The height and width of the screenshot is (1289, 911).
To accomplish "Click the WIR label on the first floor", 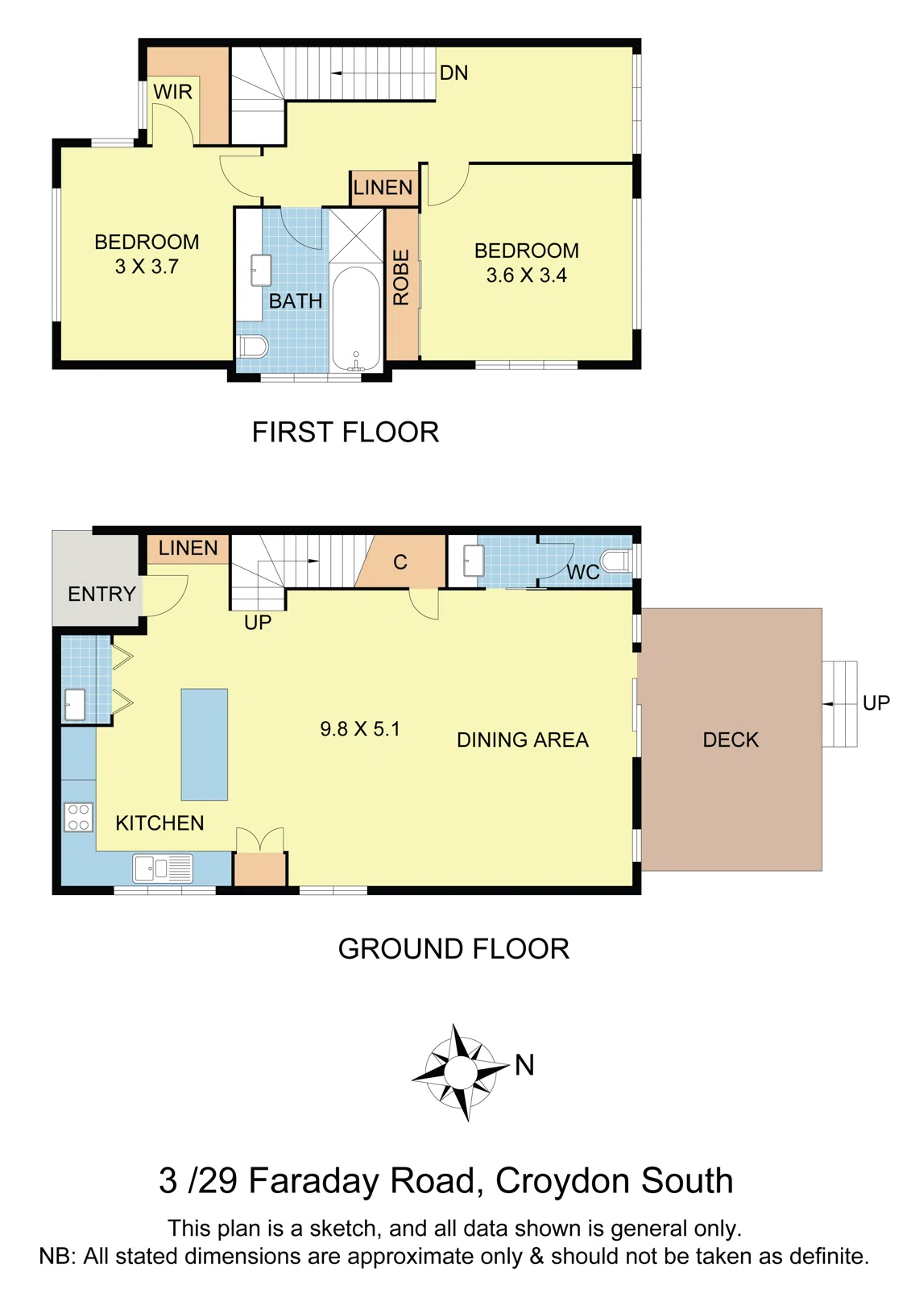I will [x=172, y=92].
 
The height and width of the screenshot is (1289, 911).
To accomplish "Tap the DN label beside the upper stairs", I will [x=453, y=73].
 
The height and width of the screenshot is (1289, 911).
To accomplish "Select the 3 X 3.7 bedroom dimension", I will [x=147, y=267].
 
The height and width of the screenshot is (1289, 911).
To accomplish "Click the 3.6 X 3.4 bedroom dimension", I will [x=526, y=276].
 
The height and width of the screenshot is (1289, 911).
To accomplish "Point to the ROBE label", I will [x=401, y=278].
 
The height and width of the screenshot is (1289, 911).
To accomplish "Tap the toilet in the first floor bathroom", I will [x=253, y=346].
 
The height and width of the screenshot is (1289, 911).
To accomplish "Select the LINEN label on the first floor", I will [x=383, y=188].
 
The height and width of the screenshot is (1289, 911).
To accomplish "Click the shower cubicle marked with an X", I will [x=356, y=235].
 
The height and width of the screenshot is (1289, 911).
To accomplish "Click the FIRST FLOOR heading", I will [x=345, y=433].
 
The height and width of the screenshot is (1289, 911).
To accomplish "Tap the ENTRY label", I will [x=101, y=595].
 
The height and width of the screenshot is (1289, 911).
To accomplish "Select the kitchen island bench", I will [x=204, y=744].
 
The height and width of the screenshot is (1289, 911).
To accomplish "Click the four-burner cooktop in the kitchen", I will [x=79, y=817].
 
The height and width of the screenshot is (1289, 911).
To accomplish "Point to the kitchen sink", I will [x=162, y=868].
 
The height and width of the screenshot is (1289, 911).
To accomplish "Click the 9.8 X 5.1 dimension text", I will [x=359, y=729].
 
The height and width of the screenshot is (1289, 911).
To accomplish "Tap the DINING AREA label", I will [x=522, y=740].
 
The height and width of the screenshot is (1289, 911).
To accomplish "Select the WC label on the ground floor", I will [x=582, y=572].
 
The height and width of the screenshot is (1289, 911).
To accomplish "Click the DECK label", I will [x=731, y=740].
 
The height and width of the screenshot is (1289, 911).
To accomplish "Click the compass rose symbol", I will [x=460, y=1072].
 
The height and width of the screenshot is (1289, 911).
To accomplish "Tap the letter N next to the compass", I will [x=524, y=1065].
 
